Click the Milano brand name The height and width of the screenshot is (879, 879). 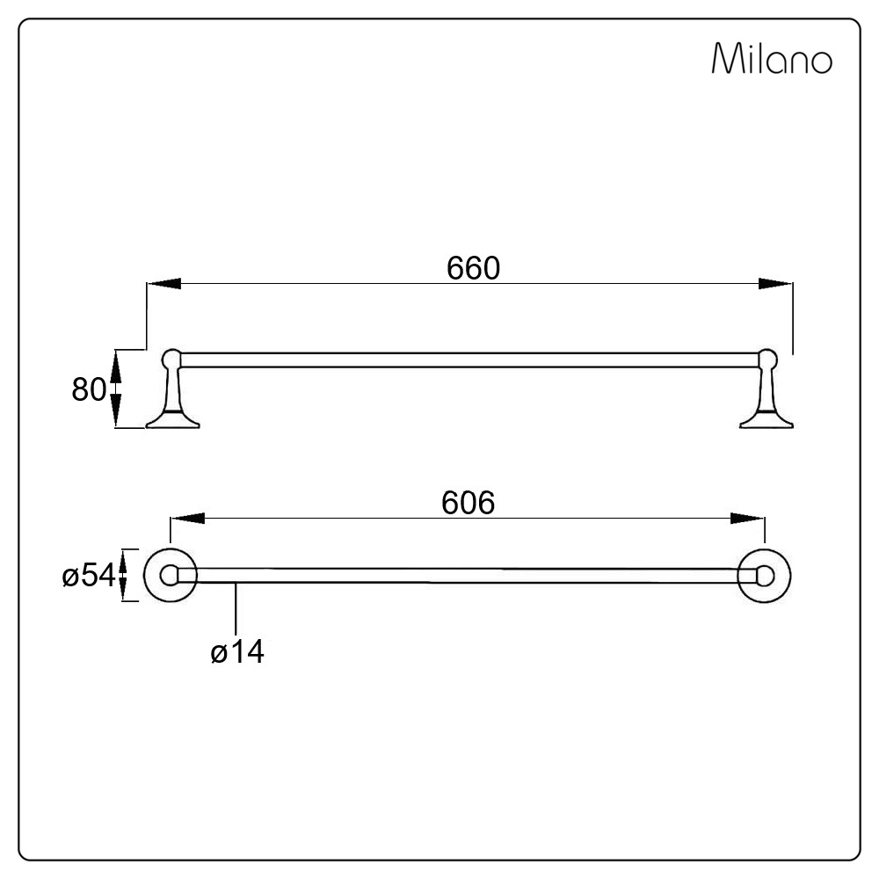772,58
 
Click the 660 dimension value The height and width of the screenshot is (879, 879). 473,268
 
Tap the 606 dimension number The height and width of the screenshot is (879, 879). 469,503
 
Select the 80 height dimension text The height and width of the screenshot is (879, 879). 88,389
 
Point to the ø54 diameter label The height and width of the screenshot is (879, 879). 89,575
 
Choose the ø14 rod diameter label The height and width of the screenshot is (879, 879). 237,651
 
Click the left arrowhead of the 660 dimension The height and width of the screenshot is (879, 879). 163,284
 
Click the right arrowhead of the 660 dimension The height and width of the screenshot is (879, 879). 775,284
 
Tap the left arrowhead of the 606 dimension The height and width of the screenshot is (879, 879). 187,519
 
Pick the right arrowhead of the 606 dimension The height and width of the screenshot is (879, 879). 747,519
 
